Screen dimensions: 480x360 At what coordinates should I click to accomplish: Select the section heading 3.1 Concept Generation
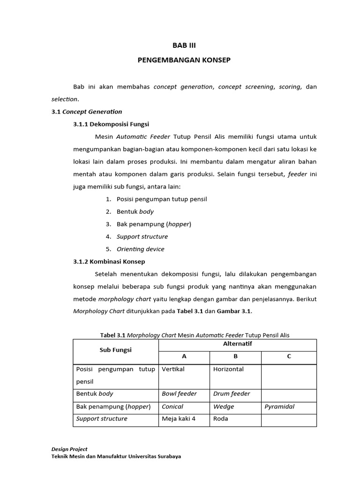(x=87, y=112)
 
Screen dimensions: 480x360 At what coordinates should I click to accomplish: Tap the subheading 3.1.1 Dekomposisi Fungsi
(x=111, y=124)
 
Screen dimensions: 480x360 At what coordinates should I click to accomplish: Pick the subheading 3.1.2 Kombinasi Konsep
(x=109, y=261)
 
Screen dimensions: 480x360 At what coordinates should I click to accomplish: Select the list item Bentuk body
(x=135, y=211)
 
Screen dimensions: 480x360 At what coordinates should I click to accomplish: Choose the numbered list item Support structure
(x=142, y=236)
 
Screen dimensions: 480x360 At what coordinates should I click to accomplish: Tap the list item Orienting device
(x=140, y=249)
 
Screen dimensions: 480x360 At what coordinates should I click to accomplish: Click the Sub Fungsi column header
(x=115, y=350)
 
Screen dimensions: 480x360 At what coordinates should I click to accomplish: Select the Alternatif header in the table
(x=237, y=344)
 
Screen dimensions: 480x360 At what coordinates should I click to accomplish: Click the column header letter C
(x=289, y=356)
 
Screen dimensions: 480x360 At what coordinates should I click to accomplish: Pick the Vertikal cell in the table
(x=173, y=369)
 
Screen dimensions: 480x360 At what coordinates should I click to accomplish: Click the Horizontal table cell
(x=228, y=369)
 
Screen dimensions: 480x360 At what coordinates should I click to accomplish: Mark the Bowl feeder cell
(x=179, y=394)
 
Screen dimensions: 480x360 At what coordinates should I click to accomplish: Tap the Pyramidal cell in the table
(x=279, y=406)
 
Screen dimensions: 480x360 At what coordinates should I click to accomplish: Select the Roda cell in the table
(x=221, y=419)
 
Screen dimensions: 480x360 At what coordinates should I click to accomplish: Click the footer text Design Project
(x=69, y=449)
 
